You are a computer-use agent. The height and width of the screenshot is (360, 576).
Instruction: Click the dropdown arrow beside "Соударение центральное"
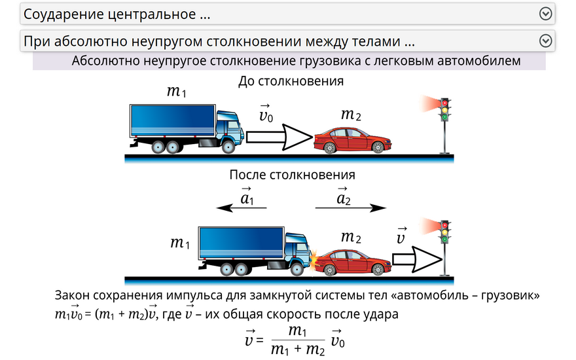(545, 14)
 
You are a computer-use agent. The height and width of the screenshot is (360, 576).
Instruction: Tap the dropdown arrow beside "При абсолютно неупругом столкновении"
(545, 41)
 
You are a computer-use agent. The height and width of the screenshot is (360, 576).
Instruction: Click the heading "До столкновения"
(291, 81)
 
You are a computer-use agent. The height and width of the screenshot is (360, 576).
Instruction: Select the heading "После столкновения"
(293, 175)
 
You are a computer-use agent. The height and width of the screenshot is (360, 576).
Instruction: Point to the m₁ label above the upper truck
(177, 91)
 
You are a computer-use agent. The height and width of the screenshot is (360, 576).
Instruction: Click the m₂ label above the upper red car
(351, 115)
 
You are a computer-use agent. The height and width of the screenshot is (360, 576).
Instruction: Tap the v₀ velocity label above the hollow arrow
(266, 114)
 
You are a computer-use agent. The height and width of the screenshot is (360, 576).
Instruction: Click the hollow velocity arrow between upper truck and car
(279, 137)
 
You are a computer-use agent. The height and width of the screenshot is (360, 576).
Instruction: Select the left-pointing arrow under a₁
(242, 208)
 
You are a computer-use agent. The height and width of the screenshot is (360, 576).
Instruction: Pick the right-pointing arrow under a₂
(351, 208)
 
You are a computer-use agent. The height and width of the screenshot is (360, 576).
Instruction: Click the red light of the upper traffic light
(445, 103)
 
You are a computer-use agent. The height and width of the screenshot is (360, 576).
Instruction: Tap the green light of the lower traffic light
(445, 240)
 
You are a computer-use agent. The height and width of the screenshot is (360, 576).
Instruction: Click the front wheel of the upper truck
(228, 147)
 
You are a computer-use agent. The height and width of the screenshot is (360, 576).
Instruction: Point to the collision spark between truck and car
(314, 259)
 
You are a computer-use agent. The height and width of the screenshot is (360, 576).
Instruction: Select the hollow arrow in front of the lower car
(418, 259)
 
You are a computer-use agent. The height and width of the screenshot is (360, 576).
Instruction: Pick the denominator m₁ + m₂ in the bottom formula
(298, 349)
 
